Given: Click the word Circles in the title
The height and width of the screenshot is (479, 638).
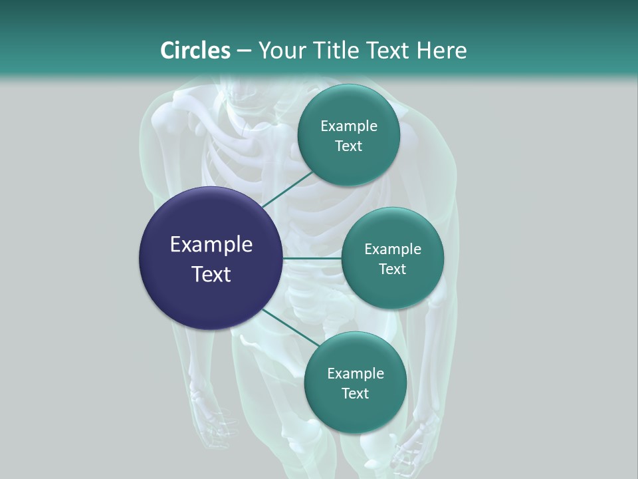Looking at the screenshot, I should (x=195, y=51).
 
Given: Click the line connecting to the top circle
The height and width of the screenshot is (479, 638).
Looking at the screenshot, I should (x=287, y=189).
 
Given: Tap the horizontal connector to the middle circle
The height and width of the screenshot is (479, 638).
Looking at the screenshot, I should (x=312, y=258).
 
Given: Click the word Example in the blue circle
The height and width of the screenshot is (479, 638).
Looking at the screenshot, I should (x=211, y=245).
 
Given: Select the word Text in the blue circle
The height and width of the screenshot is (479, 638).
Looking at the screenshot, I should (x=211, y=274).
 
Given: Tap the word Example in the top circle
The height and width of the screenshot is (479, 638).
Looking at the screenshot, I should (x=349, y=126).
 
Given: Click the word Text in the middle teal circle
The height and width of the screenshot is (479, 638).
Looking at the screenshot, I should (x=392, y=269).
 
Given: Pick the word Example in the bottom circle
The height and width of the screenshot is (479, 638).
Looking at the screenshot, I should (x=355, y=373).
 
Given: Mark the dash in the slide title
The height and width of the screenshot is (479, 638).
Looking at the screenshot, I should (x=244, y=51).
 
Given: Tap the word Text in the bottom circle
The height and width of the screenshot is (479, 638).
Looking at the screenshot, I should (x=355, y=393).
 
